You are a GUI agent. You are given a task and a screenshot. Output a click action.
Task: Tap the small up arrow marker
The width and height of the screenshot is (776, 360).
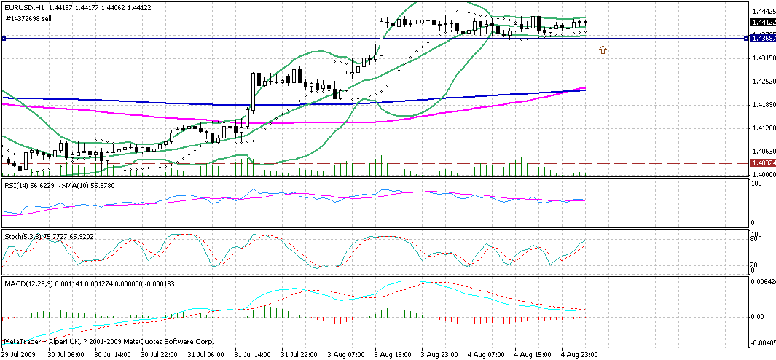(603, 49)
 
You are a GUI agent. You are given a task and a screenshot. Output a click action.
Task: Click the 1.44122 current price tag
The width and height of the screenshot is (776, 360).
(761, 23)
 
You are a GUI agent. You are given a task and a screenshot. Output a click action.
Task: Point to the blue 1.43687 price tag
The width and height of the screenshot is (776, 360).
(761, 39)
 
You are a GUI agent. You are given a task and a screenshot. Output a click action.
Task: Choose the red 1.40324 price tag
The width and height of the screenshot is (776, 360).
(761, 163)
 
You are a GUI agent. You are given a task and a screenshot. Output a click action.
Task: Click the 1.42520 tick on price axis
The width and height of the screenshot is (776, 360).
(762, 82)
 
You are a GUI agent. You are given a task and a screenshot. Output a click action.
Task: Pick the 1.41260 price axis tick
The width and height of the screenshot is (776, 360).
(762, 128)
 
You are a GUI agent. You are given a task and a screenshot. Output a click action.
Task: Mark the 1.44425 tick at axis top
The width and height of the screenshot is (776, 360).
(762, 12)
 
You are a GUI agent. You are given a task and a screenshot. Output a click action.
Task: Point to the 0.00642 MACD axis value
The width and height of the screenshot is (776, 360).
(762, 281)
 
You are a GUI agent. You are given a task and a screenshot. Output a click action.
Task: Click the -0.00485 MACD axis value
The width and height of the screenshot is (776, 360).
(762, 342)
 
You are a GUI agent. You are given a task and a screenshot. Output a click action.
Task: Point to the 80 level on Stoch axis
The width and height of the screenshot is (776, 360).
(756, 239)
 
